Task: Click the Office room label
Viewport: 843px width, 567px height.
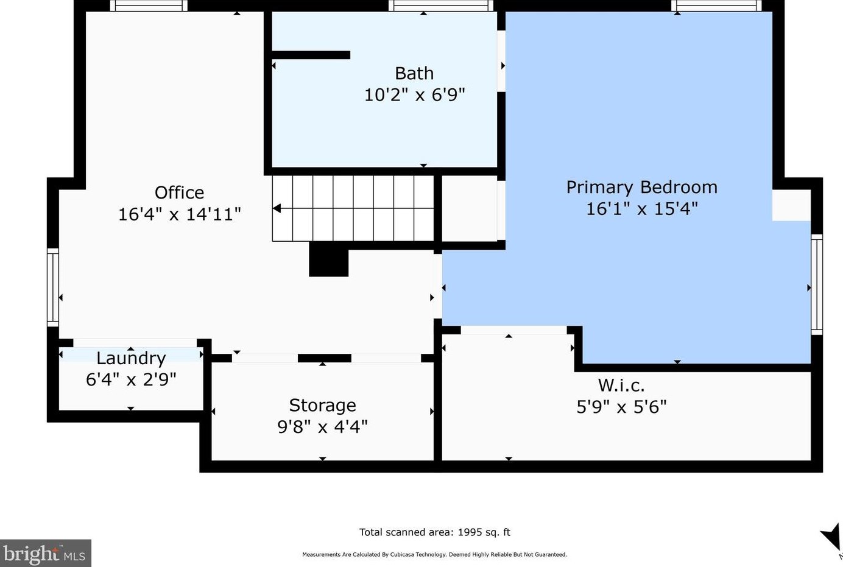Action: [x=179, y=192]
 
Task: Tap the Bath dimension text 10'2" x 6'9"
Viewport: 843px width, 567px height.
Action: [x=414, y=94]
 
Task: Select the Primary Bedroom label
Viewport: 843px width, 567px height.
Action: [x=641, y=188]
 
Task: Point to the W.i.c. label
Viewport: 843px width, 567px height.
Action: [x=621, y=385]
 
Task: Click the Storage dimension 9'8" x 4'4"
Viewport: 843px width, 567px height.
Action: [x=323, y=427]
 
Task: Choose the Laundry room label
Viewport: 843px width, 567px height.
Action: [x=131, y=359]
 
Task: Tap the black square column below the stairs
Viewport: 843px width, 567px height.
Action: [x=328, y=259]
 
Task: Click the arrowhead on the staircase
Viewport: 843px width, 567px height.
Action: [x=277, y=208]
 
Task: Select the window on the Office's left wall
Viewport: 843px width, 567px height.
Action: [x=52, y=288]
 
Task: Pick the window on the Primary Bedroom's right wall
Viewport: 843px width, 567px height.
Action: [x=817, y=284]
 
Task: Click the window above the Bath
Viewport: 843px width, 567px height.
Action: [x=441, y=5]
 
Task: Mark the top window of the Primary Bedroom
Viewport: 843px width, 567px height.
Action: [x=716, y=5]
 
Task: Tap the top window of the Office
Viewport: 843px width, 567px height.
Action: [x=149, y=5]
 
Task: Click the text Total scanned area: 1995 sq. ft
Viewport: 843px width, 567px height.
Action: [x=435, y=532]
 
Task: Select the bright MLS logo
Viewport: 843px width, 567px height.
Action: [x=45, y=553]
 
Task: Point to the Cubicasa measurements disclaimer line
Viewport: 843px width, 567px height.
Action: [x=434, y=555]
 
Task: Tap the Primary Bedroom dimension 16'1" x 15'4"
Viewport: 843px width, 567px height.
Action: [x=642, y=209]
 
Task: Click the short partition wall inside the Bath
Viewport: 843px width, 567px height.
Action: [x=311, y=55]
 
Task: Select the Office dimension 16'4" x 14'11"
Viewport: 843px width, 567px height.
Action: [x=180, y=214]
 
